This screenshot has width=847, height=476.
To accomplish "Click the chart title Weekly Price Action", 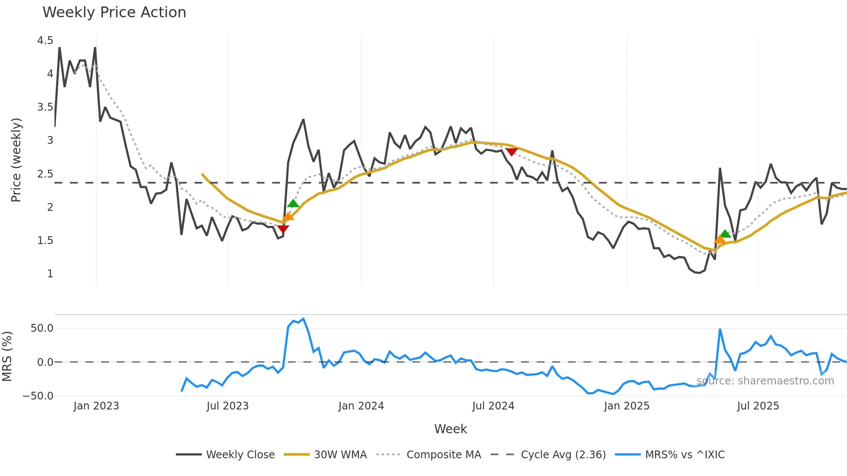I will (114, 13).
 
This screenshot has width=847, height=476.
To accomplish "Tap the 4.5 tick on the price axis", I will (45, 41).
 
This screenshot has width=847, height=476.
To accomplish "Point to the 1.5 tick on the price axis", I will (45, 241).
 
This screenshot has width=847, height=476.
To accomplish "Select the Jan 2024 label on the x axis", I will (361, 406).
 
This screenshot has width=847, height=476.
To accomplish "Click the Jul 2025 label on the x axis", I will (758, 406).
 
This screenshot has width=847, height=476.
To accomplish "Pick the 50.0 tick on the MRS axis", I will (42, 328).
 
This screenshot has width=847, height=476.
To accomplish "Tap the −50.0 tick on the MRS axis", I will (38, 396).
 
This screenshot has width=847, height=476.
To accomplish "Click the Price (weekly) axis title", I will (16, 160).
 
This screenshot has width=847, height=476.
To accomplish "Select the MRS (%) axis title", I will (7, 356).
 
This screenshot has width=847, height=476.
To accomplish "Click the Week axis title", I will (450, 429).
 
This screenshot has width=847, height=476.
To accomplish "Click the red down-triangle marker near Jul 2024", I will (511, 152).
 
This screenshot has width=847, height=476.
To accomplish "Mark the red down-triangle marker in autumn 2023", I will (283, 228).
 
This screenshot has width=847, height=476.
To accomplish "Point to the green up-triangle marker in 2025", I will (726, 234).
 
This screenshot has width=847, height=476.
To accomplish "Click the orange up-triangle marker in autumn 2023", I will (288, 216).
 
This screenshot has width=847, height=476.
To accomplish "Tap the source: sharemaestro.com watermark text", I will (765, 381).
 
